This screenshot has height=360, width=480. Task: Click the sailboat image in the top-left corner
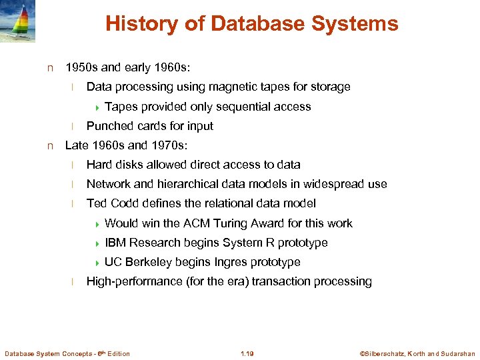click(x=18, y=21)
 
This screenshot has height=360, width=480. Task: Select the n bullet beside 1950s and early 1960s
click(x=49, y=68)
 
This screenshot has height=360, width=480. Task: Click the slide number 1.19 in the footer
click(x=247, y=353)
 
